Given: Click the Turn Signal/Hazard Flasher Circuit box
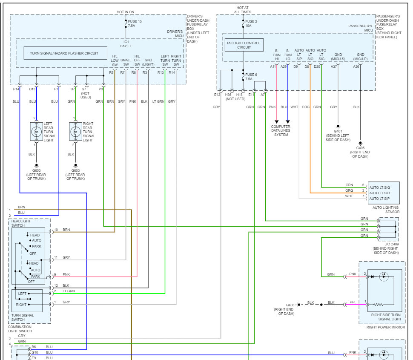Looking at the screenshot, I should [65, 53].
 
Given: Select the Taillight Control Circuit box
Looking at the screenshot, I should [244, 45].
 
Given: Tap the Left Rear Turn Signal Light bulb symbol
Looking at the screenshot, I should [36, 131].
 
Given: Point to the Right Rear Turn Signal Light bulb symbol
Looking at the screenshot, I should [76, 131].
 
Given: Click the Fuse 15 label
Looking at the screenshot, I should [136, 21].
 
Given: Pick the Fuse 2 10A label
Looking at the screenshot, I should [251, 23].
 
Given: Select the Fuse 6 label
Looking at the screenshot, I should [251, 77].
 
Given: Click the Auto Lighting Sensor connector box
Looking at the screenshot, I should [384, 193].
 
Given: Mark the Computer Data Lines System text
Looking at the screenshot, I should [281, 130].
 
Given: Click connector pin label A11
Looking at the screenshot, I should [273, 66].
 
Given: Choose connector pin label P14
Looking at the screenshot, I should [16, 89].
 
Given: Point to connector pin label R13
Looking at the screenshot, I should [161, 73].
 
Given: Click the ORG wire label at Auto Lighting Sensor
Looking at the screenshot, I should [349, 190].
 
